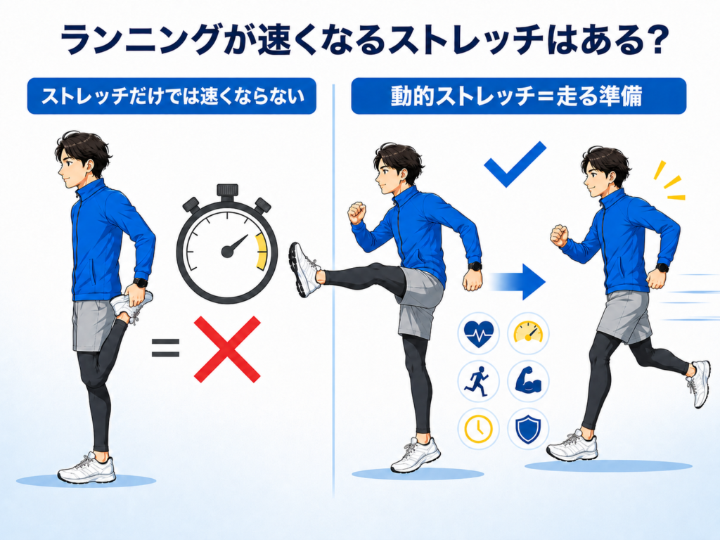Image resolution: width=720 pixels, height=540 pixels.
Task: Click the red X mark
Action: [x=227, y=349]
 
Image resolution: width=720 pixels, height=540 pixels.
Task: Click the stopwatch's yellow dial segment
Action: [x=260, y=252]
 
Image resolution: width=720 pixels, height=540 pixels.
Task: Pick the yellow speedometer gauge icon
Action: [x=528, y=332]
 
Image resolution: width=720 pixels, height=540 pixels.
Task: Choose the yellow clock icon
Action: [x=478, y=428]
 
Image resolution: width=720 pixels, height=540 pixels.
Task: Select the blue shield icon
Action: [x=528, y=429]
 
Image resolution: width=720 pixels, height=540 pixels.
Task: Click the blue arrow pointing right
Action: [x=518, y=282]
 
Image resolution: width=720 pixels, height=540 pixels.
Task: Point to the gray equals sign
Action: [x=165, y=347]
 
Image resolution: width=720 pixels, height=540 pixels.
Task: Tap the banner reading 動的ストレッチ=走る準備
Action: [x=518, y=96]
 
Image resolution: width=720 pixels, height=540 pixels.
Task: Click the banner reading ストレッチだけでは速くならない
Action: [x=172, y=96]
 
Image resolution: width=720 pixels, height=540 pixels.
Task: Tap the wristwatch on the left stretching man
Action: [x=141, y=283]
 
